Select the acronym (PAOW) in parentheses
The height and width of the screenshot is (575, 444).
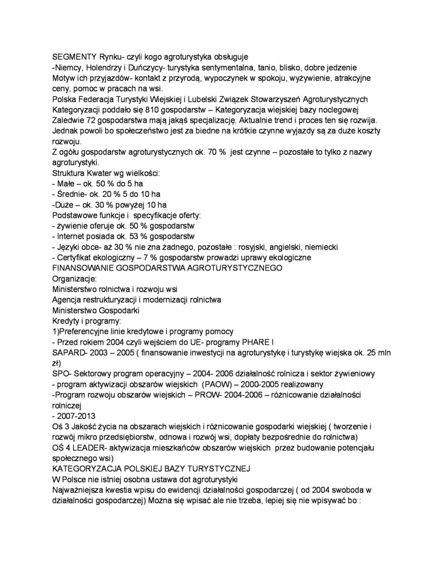[x=218, y=384]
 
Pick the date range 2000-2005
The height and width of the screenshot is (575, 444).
[x=263, y=384]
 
